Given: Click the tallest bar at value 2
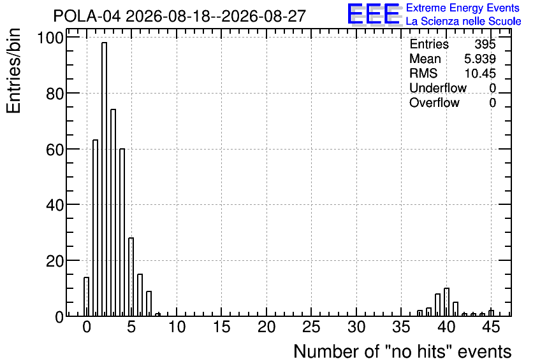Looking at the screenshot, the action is pos(104,179).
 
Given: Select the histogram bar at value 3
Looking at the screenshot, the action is pos(113,213).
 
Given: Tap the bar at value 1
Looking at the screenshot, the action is pos(95,228).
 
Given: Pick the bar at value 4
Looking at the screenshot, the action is pos(122,232).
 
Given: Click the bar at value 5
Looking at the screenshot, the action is pos(131,277).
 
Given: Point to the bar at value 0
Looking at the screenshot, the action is pos(86,297).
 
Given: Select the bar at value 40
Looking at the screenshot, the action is pos(447,302).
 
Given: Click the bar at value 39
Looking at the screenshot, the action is pos(437,305).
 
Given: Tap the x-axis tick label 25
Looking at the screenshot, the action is pos(311,327).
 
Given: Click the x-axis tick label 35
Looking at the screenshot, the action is pos(402,327).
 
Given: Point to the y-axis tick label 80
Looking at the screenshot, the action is pos(55,94).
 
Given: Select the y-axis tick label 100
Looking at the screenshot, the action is pos(50,38).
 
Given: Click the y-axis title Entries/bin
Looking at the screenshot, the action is pos(13,71).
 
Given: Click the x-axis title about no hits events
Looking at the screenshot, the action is pos(402,351).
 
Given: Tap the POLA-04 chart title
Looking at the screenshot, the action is pos(180,16).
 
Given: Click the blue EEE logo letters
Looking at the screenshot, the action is pos(374,14).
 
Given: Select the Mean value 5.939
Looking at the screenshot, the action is pos(479,59).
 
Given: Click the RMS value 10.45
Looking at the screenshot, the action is pos(480,73).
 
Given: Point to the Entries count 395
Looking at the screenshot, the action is pos(485,44).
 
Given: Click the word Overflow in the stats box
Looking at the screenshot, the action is pos(434,102).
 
